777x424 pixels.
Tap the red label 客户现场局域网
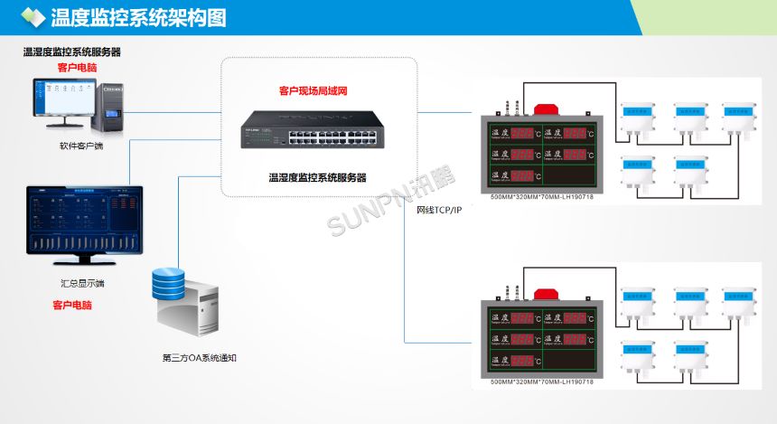click(x=313, y=91)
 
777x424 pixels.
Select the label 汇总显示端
click(x=83, y=282)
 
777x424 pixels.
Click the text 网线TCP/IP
click(x=439, y=210)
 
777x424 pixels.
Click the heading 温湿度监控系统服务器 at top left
click(x=72, y=52)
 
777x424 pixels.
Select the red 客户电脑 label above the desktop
click(x=77, y=67)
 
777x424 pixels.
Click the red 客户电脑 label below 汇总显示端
click(x=71, y=306)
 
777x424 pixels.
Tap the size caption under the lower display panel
click(x=542, y=382)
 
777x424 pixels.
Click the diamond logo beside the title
click(x=33, y=17)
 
